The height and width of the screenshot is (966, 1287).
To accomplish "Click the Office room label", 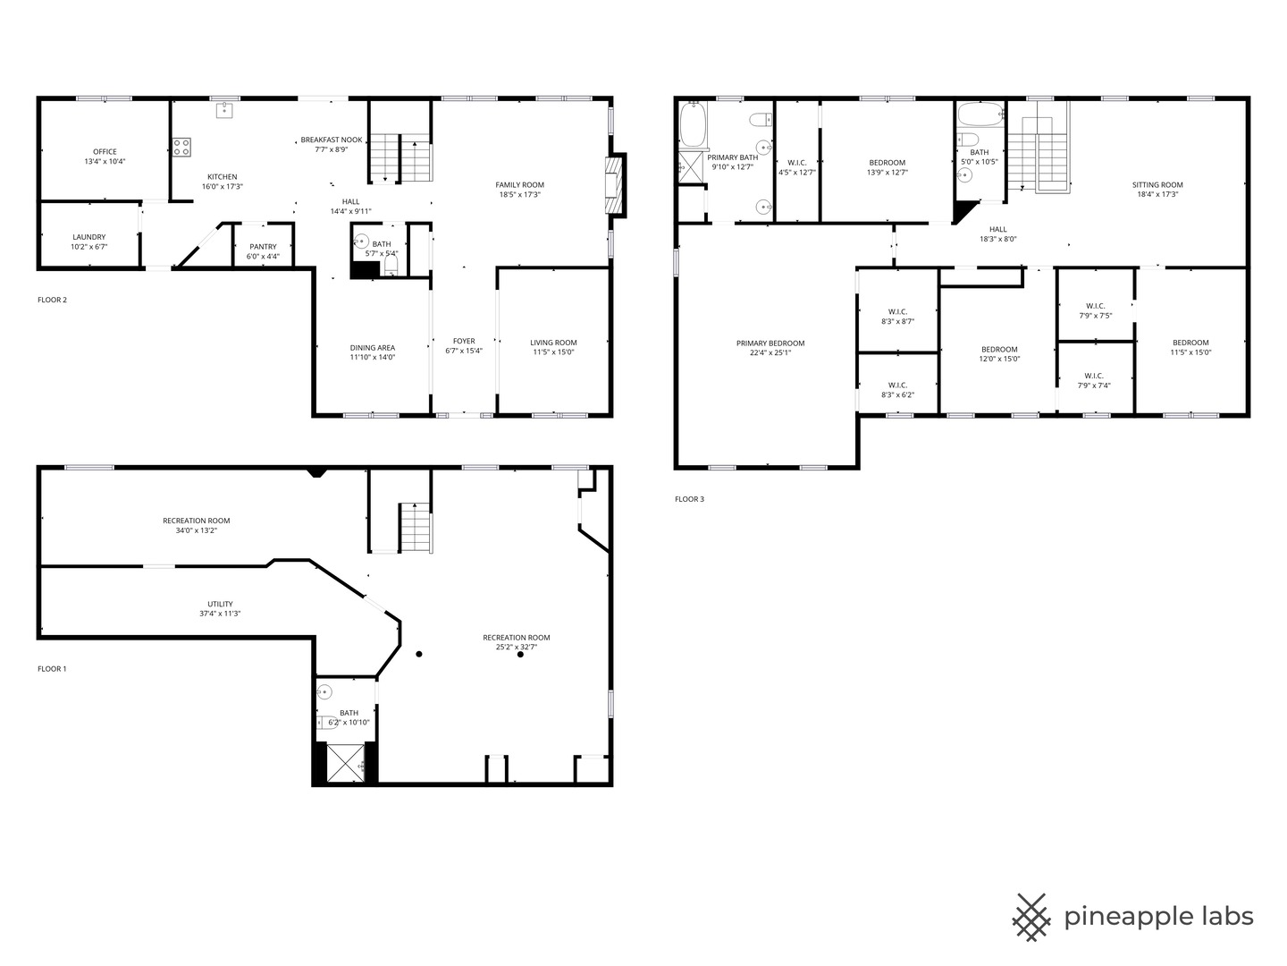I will click(105, 152).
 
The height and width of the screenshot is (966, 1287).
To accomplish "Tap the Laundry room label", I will click(89, 237).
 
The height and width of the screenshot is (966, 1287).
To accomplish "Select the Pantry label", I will click(263, 247).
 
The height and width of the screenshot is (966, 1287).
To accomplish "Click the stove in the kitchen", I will click(181, 147).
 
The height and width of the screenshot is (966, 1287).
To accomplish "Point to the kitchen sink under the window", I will click(224, 110).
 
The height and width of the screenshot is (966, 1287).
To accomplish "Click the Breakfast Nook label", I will click(332, 140).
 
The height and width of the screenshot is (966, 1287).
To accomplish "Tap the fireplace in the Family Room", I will click(615, 185).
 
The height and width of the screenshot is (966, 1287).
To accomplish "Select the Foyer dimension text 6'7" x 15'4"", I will click(464, 351).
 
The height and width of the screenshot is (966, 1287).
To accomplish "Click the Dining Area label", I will click(372, 348).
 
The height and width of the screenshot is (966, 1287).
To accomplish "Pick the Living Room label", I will click(553, 343).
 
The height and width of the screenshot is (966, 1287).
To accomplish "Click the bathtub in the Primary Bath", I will click(693, 125).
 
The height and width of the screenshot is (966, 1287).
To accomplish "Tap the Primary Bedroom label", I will click(770, 343).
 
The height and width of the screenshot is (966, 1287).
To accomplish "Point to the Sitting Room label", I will click(1157, 185).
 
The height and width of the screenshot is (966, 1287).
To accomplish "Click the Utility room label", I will click(220, 605).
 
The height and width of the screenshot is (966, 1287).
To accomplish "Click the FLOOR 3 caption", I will click(689, 499).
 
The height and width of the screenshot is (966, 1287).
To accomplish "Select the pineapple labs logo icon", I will click(1031, 917).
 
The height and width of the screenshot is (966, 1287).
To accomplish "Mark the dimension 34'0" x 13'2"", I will click(196, 530).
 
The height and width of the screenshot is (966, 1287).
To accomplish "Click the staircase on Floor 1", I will click(415, 527).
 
